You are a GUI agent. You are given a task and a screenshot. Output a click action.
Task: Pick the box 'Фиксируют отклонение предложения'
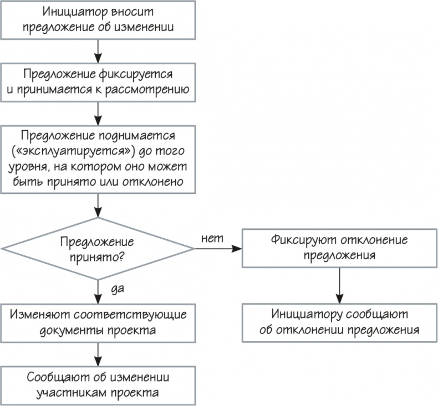[339, 248]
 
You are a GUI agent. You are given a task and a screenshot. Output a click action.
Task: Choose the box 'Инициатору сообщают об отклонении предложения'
[339, 322]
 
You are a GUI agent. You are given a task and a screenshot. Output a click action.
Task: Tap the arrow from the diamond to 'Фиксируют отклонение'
[218, 248]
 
